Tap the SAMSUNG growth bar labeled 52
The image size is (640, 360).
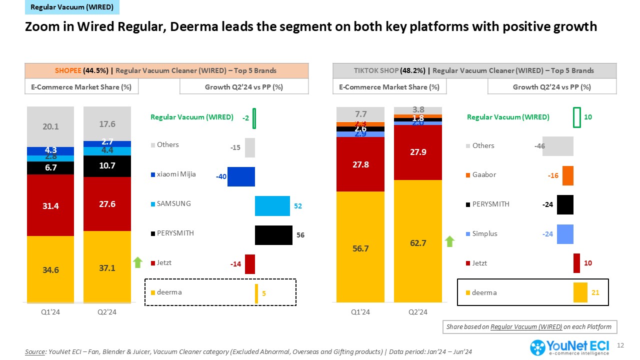(x=272, y=205)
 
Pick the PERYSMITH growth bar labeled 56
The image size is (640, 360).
(x=273, y=235)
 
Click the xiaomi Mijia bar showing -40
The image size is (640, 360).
(x=241, y=176)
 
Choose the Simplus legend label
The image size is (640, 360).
(x=484, y=233)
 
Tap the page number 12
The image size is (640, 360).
(x=621, y=345)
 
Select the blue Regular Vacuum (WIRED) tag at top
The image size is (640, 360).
(x=72, y=7)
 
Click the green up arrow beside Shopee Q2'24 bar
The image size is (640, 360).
(x=138, y=262)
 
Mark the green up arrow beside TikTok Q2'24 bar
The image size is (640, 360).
(x=450, y=241)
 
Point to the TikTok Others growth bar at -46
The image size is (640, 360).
(x=557, y=146)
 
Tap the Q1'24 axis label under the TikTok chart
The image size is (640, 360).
(x=360, y=312)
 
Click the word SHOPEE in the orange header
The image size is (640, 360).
(x=69, y=70)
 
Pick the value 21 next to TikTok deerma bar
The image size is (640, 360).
(x=595, y=292)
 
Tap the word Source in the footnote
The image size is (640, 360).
(x=34, y=351)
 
